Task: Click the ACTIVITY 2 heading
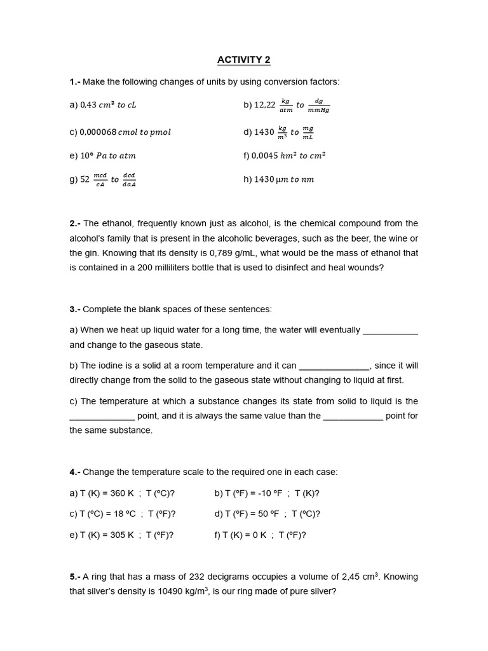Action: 243,60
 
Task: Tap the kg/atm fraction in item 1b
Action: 285,105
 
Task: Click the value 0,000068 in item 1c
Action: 98,132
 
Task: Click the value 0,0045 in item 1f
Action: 268,155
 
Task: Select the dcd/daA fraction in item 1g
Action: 129,179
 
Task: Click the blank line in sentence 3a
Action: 390,331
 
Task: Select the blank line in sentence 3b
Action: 334,366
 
